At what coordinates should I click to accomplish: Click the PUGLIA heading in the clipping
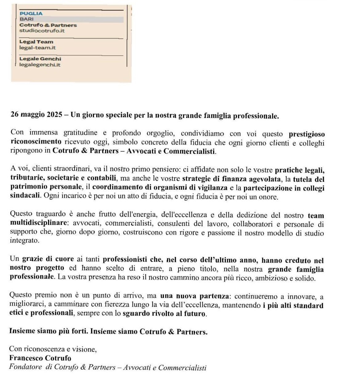(x=31, y=14)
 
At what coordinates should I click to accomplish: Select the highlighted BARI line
(x=27, y=19)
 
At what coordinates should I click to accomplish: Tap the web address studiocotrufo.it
(x=42, y=31)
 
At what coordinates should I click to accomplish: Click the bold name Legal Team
(x=36, y=42)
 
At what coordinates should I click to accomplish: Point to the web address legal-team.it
(x=38, y=48)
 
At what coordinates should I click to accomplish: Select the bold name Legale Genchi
(x=40, y=59)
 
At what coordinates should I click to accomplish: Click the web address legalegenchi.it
(x=40, y=65)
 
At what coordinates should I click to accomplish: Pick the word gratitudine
(x=80, y=133)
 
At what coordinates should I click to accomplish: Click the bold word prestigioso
(x=307, y=134)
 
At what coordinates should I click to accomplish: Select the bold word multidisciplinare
(x=38, y=223)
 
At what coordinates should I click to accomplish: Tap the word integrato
(x=25, y=240)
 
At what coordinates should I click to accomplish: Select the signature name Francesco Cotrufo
(x=40, y=358)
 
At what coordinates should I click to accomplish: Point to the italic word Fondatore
(x=26, y=367)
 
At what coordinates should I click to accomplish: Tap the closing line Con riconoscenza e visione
(x=53, y=349)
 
